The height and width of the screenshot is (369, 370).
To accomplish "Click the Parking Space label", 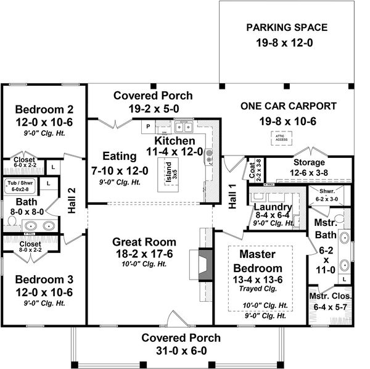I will coord(287,28).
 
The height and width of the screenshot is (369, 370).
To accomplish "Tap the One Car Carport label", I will coord(288,106).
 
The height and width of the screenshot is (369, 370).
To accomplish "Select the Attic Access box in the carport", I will coord(281,138).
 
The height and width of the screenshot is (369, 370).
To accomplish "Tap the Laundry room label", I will coord(273,206).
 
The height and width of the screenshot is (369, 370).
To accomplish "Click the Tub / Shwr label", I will coord(22,183).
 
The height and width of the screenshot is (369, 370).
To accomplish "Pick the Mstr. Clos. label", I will coord(329,297).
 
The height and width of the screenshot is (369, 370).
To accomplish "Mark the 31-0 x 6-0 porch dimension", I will coord(181,351).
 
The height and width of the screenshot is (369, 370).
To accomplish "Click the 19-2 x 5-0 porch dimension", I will coord(153,109).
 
